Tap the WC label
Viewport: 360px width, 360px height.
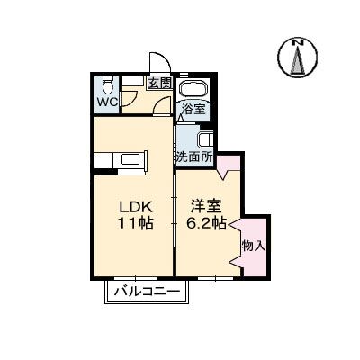pos(107,102)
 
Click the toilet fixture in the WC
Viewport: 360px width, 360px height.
pos(106,85)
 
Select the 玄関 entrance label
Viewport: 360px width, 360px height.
pos(160,83)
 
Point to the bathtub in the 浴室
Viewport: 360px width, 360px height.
pos(193,90)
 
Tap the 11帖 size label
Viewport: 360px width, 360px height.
pos(132,223)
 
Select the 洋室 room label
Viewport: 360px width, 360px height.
pos(202,204)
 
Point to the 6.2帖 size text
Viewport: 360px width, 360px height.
pos(205,223)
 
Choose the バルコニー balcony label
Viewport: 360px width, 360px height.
pos(148,291)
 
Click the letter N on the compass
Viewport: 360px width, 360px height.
pos(298,41)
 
